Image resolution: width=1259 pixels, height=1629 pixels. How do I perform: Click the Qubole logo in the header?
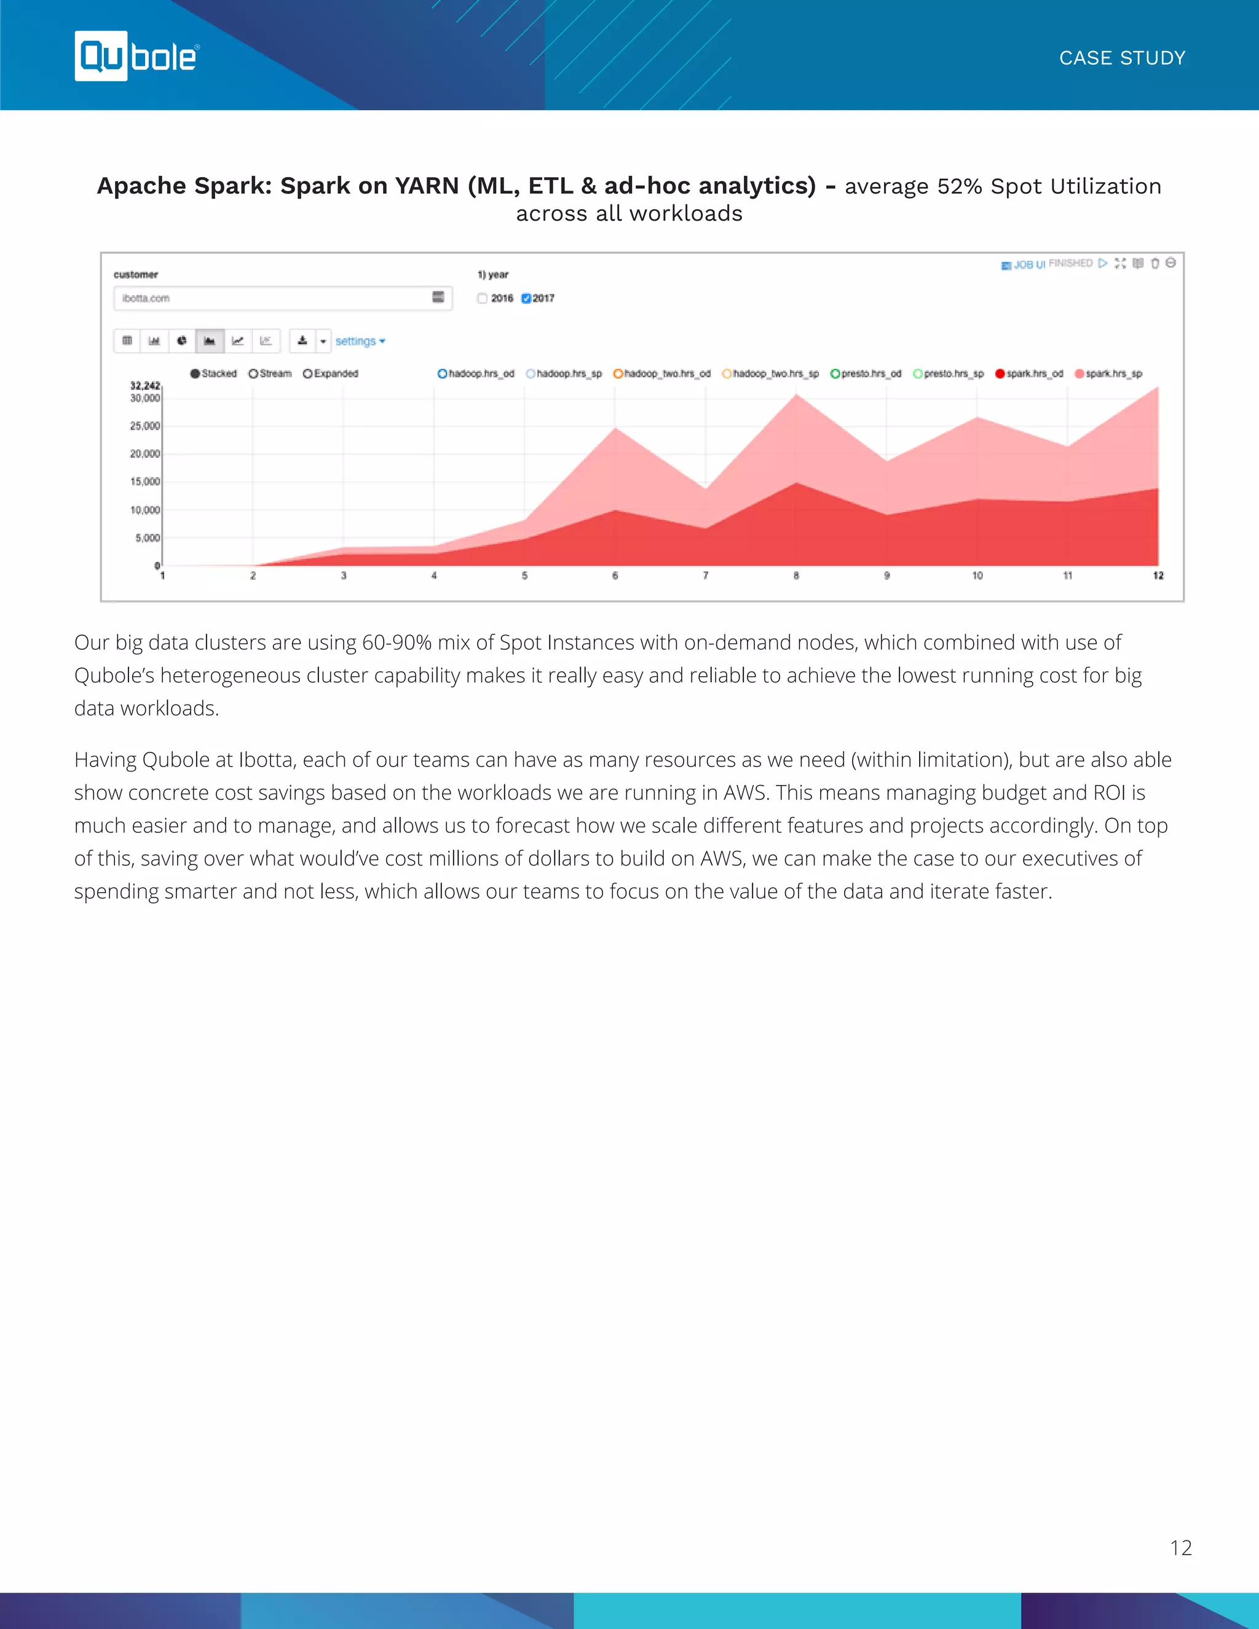(136, 56)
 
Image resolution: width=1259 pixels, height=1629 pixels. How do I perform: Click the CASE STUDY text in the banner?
(1122, 58)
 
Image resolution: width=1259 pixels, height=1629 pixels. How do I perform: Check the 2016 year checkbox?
(483, 298)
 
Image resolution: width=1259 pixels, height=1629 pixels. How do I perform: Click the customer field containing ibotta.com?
(276, 298)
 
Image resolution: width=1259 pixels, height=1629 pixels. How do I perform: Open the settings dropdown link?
(360, 341)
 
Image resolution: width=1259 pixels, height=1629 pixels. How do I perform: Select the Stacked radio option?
(195, 374)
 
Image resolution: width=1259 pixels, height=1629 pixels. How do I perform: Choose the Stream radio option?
(254, 374)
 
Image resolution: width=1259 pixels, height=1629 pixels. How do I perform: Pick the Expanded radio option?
(307, 374)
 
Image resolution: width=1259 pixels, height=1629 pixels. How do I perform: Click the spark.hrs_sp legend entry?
(1108, 374)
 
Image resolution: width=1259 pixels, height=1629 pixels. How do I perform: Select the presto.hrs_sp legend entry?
(949, 374)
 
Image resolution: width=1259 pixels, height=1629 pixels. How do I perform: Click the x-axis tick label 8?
(796, 576)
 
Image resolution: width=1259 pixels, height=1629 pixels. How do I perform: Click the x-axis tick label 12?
(1158, 576)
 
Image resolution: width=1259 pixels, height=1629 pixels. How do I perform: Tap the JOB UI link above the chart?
(1024, 265)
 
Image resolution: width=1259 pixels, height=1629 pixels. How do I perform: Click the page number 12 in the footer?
(1181, 1548)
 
